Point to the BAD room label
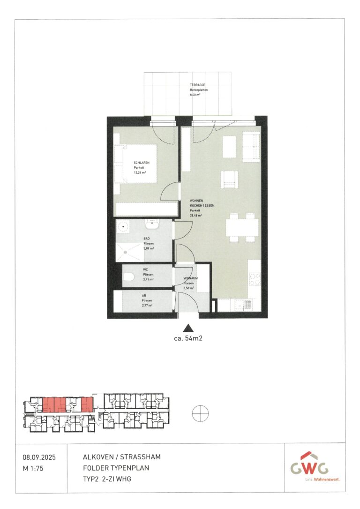(x=147, y=239)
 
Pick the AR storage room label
(x=144, y=296)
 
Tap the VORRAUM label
(x=191, y=278)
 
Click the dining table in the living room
(x=241, y=227)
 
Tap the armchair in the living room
(x=229, y=179)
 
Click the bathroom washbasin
(x=152, y=225)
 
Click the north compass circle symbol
(x=200, y=413)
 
